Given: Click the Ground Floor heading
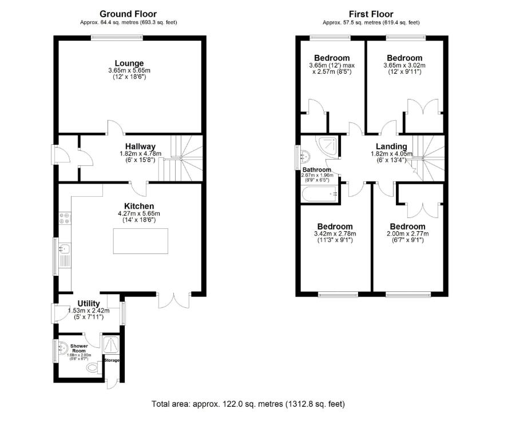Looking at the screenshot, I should (128, 14).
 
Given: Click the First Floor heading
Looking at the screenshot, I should (371, 14).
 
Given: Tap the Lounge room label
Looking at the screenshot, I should (129, 63).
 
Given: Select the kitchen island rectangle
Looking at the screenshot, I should (140, 240).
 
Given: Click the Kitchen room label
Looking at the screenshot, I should (138, 206).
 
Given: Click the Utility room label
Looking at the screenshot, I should (89, 303).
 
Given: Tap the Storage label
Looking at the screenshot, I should (112, 360).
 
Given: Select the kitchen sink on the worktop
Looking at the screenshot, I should (65, 249).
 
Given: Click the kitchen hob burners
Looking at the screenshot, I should (64, 218).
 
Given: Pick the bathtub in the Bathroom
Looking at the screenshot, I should (318, 195).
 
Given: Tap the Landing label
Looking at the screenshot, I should (391, 146).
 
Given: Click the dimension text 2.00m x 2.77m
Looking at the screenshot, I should (408, 233).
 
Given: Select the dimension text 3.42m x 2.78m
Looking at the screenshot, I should (335, 233).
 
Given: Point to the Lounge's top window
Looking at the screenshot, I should (117, 38).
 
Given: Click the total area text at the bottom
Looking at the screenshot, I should (248, 404).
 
